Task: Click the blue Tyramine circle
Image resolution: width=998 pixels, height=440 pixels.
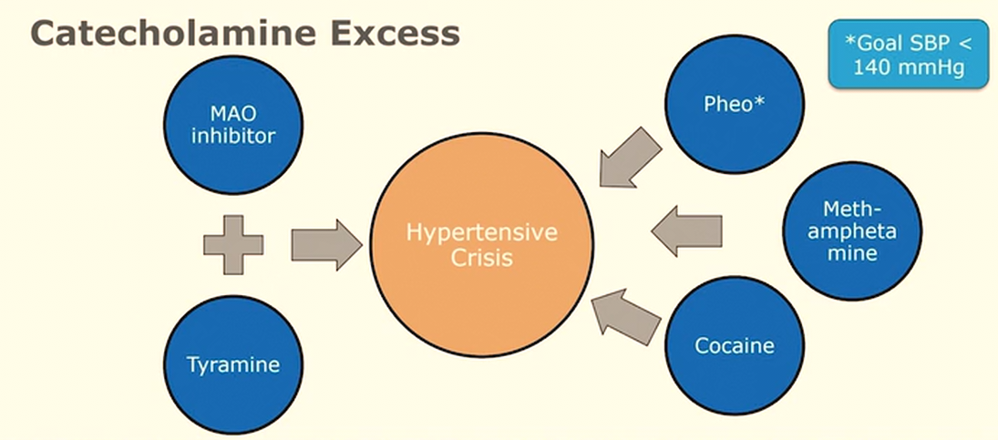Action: coord(232,365)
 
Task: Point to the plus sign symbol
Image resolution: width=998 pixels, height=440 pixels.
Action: coord(233,244)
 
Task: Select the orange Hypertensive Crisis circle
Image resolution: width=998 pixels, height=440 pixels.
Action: coord(482,245)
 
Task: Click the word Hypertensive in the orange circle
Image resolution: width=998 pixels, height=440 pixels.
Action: coord(482,233)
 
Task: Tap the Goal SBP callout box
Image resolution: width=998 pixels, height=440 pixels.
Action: coord(908,55)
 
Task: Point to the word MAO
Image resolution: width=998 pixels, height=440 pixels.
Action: coord(232,114)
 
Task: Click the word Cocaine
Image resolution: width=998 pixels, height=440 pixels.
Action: coord(735,346)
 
